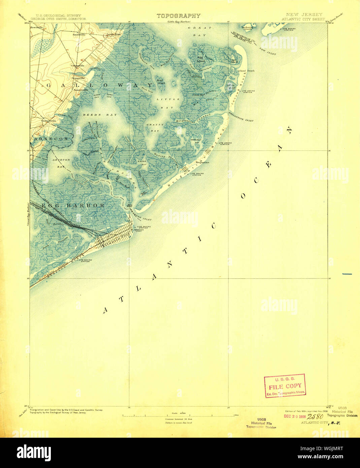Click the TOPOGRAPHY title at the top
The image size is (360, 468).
point(178,16)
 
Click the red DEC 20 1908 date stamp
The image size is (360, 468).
point(294,416)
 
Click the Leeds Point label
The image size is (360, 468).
point(114,34)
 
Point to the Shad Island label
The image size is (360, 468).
point(160,81)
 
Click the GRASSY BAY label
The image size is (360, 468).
point(155,127)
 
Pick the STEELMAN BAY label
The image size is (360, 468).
point(196,141)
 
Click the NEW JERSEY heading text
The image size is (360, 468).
point(304,14)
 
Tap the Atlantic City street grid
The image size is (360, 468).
point(111,239)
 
